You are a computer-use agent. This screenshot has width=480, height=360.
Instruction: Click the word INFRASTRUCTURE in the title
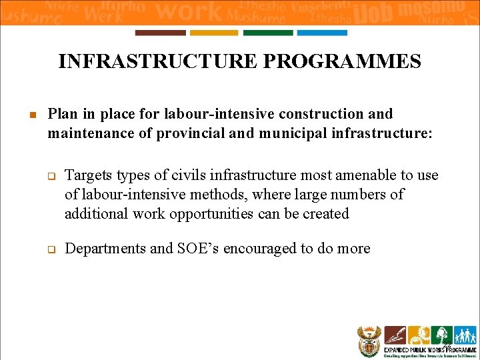tap(154, 62)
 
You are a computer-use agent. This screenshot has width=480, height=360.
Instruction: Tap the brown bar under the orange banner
tap(160, 33)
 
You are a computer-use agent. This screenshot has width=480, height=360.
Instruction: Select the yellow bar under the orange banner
tap(214, 33)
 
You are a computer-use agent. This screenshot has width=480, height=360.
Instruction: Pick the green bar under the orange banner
tap(268, 33)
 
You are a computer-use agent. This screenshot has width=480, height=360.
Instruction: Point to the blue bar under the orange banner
tap(322, 33)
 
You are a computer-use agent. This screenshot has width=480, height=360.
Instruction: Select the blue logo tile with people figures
tap(465, 335)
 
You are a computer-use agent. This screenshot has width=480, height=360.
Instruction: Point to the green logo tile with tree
tap(441, 335)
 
